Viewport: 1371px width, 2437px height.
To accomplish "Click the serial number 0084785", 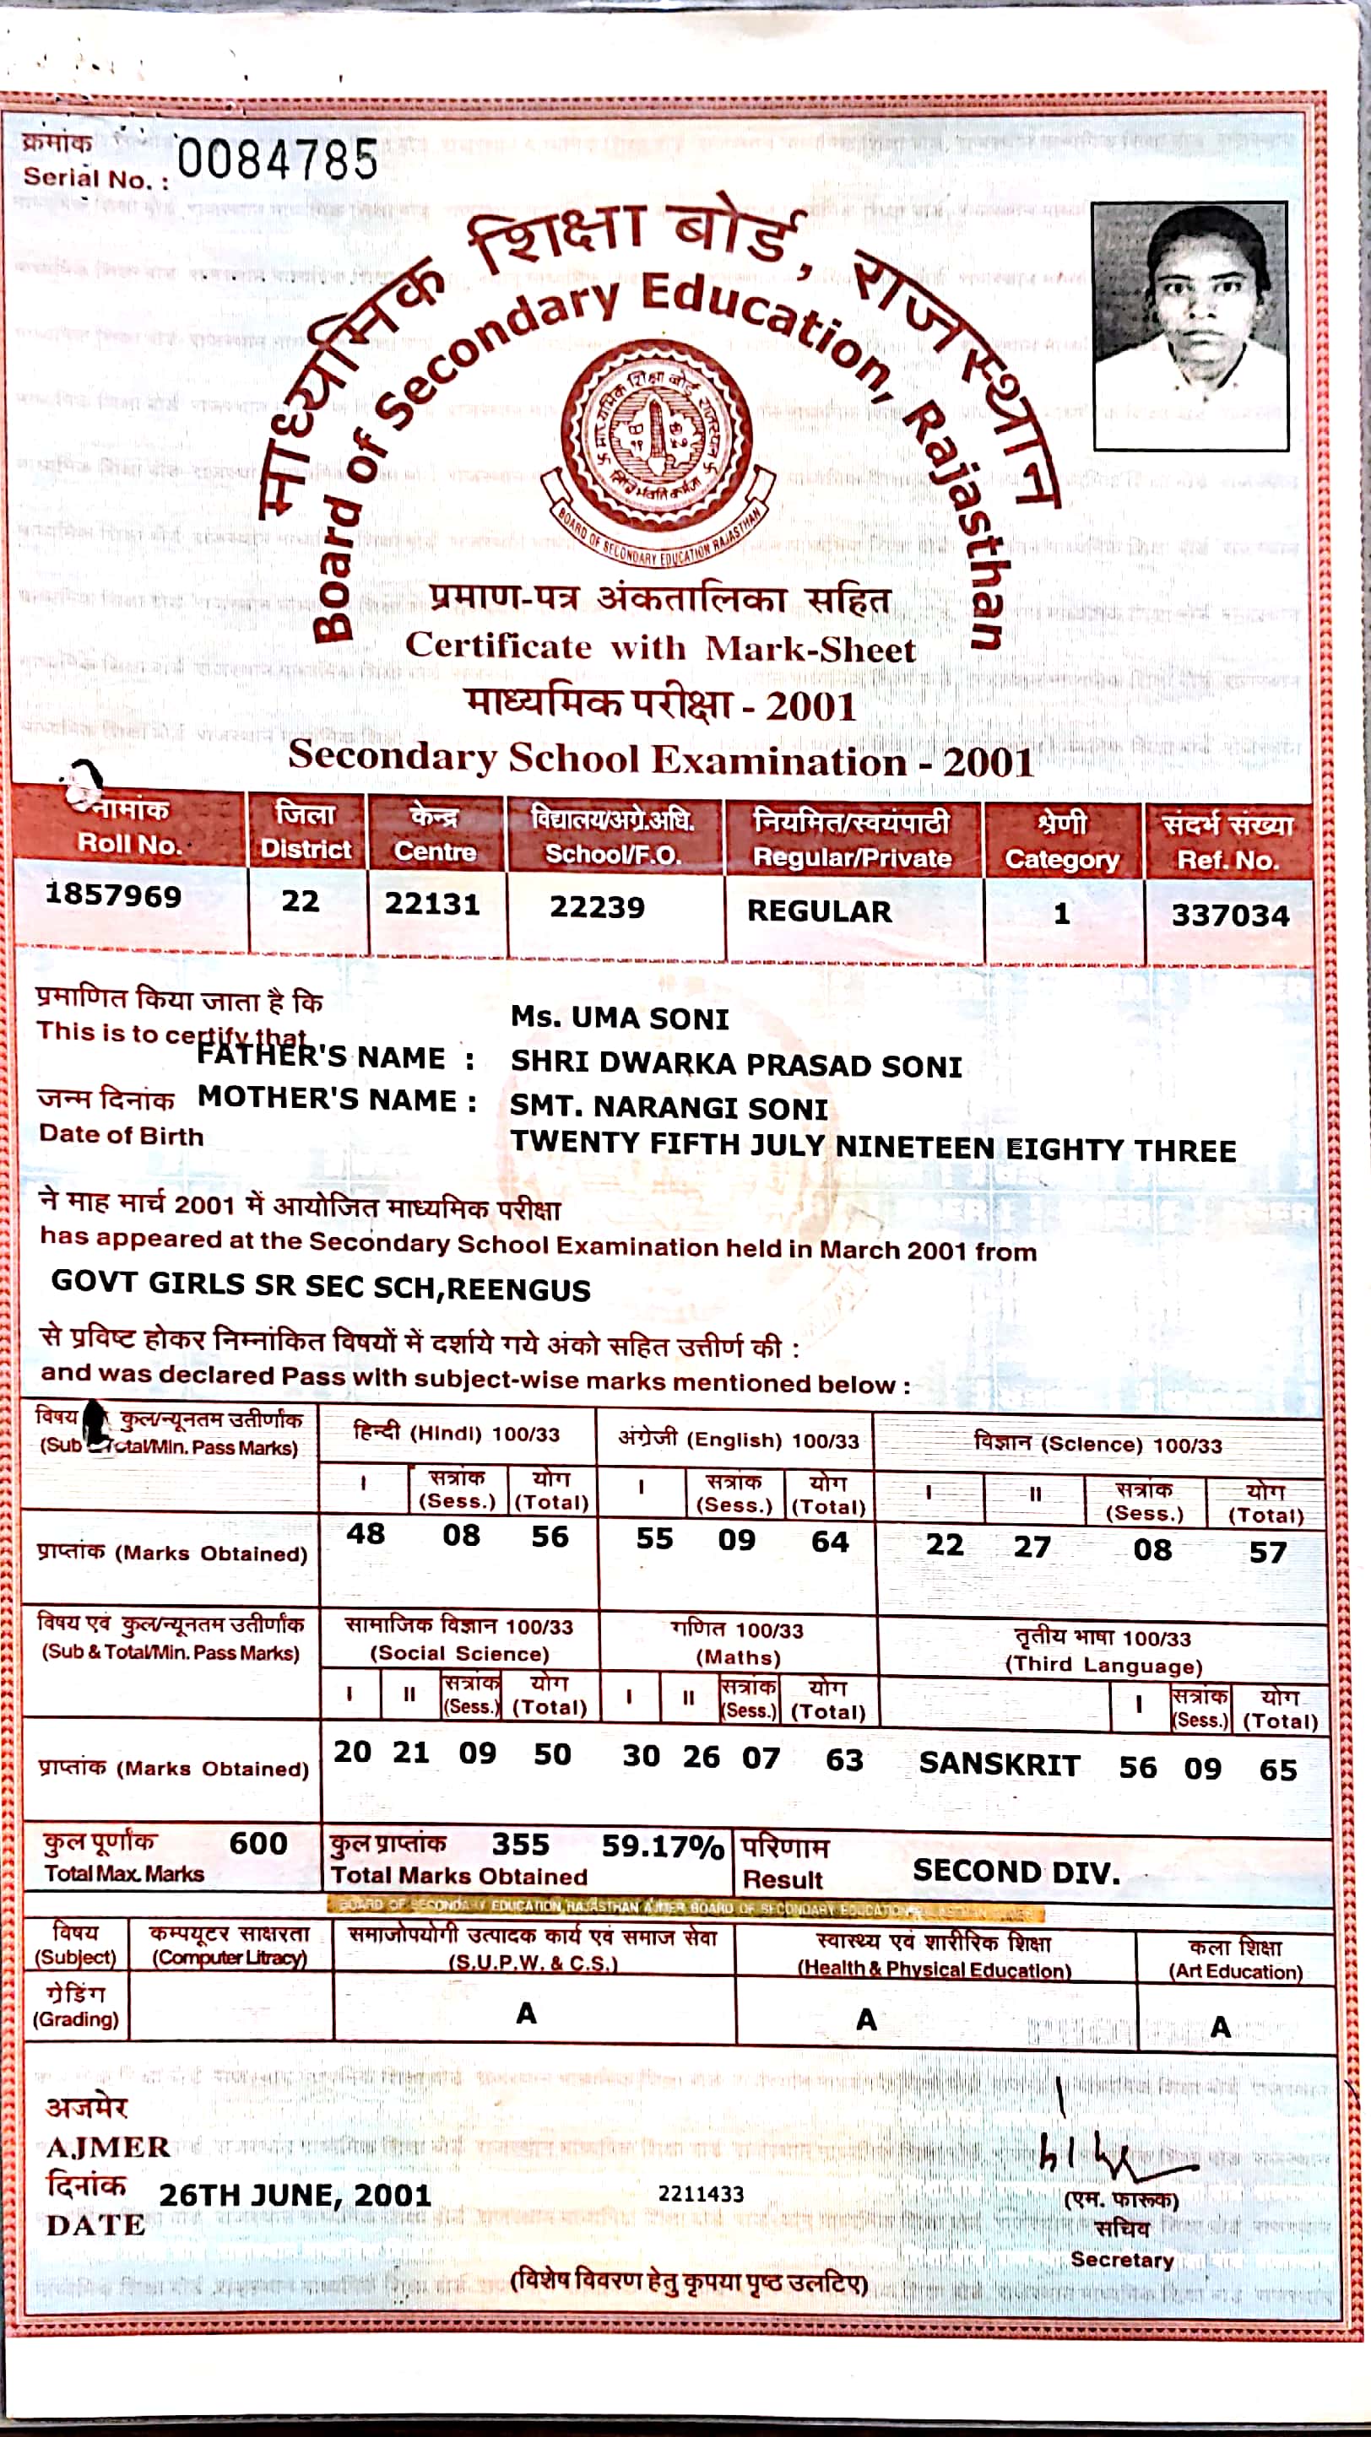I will pyautogui.click(x=277, y=159).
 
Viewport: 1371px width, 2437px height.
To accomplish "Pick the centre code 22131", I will pyautogui.click(x=432, y=904).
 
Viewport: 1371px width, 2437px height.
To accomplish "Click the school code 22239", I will pyautogui.click(x=597, y=907).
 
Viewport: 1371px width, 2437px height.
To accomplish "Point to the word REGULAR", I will pyautogui.click(x=820, y=911).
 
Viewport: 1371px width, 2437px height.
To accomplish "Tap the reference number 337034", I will pyautogui.click(x=1230, y=915).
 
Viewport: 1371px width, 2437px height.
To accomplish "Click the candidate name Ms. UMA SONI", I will pyautogui.click(x=620, y=1018).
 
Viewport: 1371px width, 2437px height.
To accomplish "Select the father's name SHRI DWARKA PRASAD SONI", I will pyautogui.click(x=736, y=1064).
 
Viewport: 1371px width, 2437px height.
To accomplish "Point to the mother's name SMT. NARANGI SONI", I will pyautogui.click(x=669, y=1107).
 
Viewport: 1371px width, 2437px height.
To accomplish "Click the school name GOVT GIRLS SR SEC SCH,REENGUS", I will pyautogui.click(x=321, y=1286).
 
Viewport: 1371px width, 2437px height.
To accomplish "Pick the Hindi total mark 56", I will pyautogui.click(x=550, y=1537).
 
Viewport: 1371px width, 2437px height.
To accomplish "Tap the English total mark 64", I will pyautogui.click(x=830, y=1541).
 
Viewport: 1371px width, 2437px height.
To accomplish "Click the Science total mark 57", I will pyautogui.click(x=1268, y=1552).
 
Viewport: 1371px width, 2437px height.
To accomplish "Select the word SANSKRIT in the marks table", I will pyautogui.click(x=1000, y=1764).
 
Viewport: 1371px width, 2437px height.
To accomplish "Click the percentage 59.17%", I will pyautogui.click(x=663, y=1845).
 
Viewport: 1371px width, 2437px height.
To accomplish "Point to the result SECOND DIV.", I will pyautogui.click(x=1016, y=1870).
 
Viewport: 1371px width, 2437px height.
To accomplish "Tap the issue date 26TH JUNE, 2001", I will pyautogui.click(x=295, y=2194).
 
